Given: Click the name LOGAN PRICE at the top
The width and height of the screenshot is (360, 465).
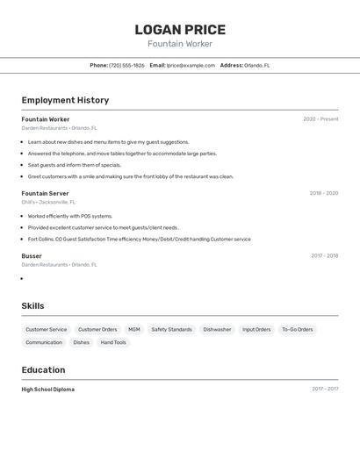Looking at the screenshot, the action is pyautogui.click(x=180, y=29).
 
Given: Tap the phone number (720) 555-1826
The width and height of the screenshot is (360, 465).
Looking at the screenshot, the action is pyautogui.click(x=126, y=65).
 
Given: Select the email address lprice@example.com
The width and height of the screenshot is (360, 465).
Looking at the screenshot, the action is pyautogui.click(x=191, y=65).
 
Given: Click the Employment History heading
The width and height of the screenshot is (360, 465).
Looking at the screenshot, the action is pyautogui.click(x=65, y=100).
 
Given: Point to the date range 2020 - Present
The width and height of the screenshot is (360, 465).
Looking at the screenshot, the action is pyautogui.click(x=320, y=119).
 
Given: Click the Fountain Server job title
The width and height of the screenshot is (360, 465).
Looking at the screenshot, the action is pyautogui.click(x=45, y=193).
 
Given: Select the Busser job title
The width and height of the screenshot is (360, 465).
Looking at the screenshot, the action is pyautogui.click(x=32, y=256).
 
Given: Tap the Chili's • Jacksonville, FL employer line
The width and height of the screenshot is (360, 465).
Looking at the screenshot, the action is pyautogui.click(x=48, y=202).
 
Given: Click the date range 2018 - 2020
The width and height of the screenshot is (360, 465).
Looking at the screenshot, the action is pyautogui.click(x=323, y=193).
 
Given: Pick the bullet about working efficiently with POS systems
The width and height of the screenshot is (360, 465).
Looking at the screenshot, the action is pyautogui.click(x=70, y=216).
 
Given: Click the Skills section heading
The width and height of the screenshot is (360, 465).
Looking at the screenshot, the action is pyautogui.click(x=32, y=306).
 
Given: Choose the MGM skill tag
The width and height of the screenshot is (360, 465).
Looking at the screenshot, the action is pyautogui.click(x=134, y=330).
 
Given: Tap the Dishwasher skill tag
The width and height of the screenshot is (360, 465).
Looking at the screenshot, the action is pyautogui.click(x=217, y=330).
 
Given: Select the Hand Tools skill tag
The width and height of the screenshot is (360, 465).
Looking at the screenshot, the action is pyautogui.click(x=113, y=343).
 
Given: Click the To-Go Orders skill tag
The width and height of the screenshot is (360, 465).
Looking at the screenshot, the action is pyautogui.click(x=297, y=330).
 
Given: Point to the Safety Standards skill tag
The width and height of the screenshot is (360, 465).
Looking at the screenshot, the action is pyautogui.click(x=171, y=330).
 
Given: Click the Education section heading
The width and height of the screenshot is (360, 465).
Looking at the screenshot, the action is pyautogui.click(x=43, y=369).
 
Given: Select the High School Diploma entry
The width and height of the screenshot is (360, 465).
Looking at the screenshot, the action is pyautogui.click(x=48, y=390).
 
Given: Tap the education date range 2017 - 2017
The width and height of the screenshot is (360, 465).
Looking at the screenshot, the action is pyautogui.click(x=325, y=389).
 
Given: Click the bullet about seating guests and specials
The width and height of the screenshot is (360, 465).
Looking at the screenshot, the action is pyautogui.click(x=75, y=165).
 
